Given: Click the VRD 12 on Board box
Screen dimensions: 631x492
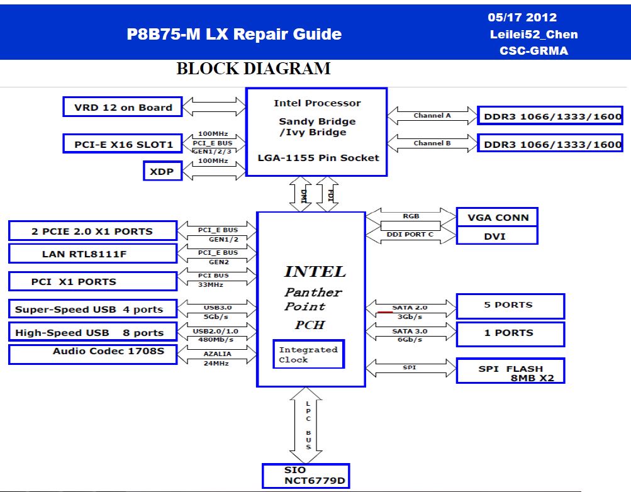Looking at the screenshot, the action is pos(123,107).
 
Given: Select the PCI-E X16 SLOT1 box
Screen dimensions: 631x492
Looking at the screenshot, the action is pos(123,143).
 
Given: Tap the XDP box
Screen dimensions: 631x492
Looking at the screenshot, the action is pos(162,171).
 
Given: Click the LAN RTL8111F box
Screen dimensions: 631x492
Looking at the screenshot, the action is pos(93,254).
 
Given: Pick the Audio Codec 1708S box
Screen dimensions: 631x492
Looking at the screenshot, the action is pos(93,354).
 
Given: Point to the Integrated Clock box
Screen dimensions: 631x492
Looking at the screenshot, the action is pos(309,354).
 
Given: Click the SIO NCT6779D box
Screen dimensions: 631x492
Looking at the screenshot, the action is pos(306,476).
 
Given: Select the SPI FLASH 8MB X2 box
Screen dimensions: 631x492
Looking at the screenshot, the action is pos(511,371).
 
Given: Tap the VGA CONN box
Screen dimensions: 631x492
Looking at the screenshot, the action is pos(498,217).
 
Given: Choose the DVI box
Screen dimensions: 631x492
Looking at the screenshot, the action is pos(498,236).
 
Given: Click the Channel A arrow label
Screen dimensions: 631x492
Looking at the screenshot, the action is pos(432,116).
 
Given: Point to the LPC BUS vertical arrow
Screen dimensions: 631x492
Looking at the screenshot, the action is pos(306,425).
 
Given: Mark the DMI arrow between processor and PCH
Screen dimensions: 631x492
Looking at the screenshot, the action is pos(301,194).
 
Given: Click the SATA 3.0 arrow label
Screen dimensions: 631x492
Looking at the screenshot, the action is pos(410,331).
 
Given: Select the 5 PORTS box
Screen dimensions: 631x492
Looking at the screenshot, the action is pos(511,306).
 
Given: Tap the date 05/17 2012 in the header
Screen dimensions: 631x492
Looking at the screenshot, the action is pos(522,17).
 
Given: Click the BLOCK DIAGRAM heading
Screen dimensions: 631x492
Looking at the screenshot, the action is pos(254,69).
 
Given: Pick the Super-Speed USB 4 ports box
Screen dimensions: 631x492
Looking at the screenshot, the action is pos(93,309).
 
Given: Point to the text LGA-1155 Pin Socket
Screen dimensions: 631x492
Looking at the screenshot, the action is pos(318,158).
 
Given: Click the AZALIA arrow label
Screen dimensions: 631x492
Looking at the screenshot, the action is pos(217,354).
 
